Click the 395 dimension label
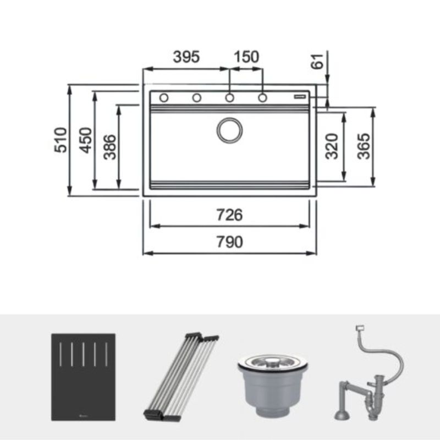pos(185,57)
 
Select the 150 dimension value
pos(246,57)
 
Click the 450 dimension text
pos(85,140)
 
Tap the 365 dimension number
pos(364,146)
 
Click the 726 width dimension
pos(229,215)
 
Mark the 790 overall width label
pos(229,243)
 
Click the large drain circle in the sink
pos(229,130)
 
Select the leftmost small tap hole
pos(164,98)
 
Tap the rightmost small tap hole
pos(262,98)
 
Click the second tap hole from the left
pos(196,98)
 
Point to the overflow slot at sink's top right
pos(301,95)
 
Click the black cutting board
pos(84,377)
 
